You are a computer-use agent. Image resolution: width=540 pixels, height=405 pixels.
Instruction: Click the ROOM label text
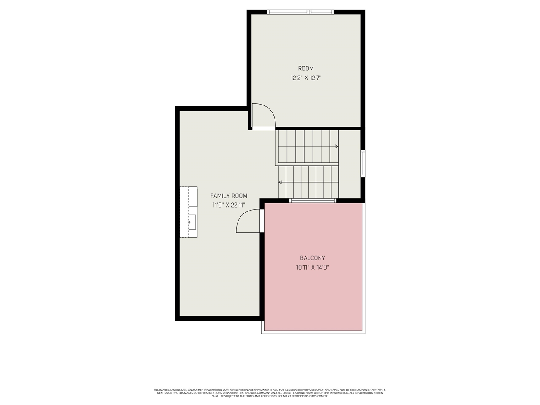[306, 68]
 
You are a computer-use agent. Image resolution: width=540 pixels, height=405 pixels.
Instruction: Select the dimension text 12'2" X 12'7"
[306, 78]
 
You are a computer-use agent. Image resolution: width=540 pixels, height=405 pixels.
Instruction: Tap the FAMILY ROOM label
[229, 196]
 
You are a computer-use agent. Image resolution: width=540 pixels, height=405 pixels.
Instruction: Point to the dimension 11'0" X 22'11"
[229, 205]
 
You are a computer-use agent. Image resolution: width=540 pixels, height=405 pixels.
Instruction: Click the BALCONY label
[313, 258]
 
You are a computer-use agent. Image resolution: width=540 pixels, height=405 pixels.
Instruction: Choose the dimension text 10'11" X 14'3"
[313, 267]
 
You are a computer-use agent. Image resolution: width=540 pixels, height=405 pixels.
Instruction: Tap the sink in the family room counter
[190, 221]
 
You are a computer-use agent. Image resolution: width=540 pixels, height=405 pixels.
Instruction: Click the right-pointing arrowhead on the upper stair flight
[337, 146]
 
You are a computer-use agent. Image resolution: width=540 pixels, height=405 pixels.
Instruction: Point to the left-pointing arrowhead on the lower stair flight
[280, 182]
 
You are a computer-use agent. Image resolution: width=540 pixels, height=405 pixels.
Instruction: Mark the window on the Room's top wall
[301, 12]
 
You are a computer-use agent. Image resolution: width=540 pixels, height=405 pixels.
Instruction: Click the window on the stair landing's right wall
[363, 164]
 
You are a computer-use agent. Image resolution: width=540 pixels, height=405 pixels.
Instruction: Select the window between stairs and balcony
[313, 201]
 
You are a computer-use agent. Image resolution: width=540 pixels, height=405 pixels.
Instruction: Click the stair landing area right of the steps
[350, 165]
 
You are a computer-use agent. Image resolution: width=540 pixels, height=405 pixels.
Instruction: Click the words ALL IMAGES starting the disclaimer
[161, 390]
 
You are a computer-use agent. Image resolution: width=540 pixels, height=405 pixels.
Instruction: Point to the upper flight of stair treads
[307, 146]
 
